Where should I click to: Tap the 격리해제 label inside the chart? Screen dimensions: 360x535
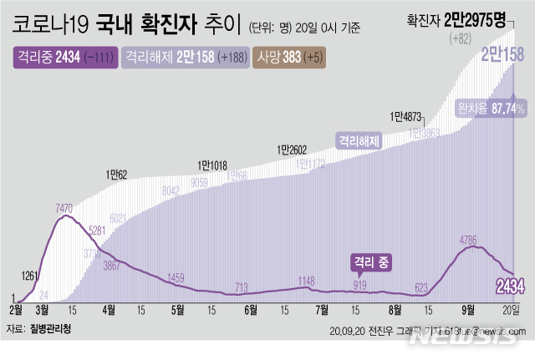pos(359,140)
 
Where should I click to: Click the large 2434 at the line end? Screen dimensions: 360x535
pos(510,287)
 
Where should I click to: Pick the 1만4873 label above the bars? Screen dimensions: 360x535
pos(405,117)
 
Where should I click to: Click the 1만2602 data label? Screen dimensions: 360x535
pos(293,150)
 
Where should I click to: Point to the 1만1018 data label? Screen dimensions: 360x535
pos(212,165)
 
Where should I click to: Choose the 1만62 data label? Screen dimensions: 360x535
pos(116,175)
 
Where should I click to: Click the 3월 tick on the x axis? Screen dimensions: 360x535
pos(40,308)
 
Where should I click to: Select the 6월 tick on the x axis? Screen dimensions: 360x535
pos(250,308)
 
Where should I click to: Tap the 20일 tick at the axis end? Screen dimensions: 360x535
pos(510,308)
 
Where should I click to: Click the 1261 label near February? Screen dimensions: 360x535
pos(29,276)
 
